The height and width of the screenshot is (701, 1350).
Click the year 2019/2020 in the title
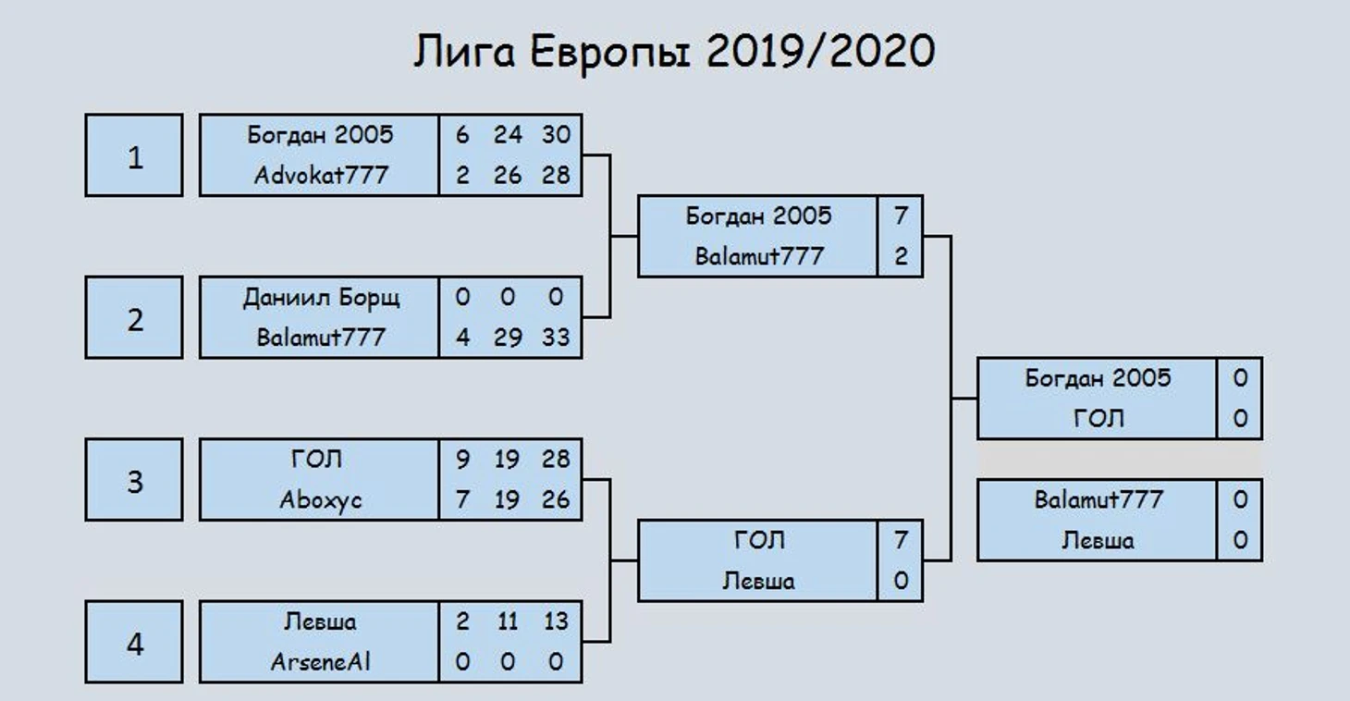pyautogui.click(x=820, y=51)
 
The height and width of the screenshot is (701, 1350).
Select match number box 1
pyautogui.click(x=134, y=155)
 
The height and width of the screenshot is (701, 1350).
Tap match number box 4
pyautogui.click(x=134, y=642)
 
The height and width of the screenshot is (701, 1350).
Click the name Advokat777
pyautogui.click(x=321, y=176)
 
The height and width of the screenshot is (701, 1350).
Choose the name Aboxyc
pyautogui.click(x=321, y=500)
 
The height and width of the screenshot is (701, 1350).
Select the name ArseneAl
pyautogui.click(x=321, y=662)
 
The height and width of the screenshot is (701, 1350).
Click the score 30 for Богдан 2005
pyautogui.click(x=556, y=135)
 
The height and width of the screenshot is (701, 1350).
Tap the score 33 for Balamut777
pyautogui.click(x=556, y=338)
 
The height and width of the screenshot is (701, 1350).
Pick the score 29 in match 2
pyautogui.click(x=508, y=338)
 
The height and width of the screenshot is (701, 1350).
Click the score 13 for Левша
pyautogui.click(x=556, y=621)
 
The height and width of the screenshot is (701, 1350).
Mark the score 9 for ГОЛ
pyautogui.click(x=462, y=460)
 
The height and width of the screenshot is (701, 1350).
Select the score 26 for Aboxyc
pyautogui.click(x=556, y=499)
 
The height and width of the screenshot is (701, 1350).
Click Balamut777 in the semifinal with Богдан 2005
pyautogui.click(x=759, y=257)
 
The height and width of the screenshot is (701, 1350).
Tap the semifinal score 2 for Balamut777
pyautogui.click(x=901, y=257)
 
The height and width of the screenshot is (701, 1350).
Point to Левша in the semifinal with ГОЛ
pyautogui.click(x=759, y=581)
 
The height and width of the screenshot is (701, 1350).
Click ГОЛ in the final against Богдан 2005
pyautogui.click(x=1098, y=419)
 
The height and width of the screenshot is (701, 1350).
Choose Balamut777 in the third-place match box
pyautogui.click(x=1098, y=499)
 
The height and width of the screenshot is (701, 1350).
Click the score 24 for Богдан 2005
pyautogui.click(x=508, y=135)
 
